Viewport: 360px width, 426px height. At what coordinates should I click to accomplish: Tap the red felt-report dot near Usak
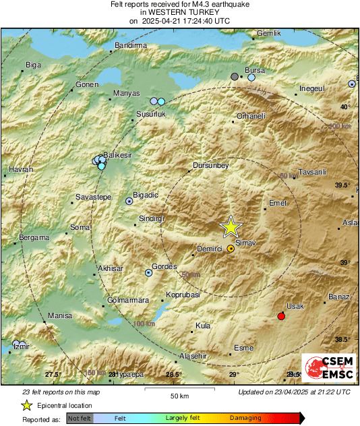click(281, 316)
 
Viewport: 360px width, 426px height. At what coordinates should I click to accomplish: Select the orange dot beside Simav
click(231, 249)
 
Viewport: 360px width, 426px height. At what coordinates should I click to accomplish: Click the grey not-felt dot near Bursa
click(235, 78)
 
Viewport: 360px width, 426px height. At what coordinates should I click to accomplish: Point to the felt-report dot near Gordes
click(149, 273)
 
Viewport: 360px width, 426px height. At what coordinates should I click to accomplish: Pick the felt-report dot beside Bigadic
click(129, 201)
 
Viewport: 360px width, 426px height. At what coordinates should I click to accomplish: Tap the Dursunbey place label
click(211, 165)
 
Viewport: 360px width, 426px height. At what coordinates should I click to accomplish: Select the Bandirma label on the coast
click(131, 45)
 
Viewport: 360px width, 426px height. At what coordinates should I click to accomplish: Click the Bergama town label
click(34, 237)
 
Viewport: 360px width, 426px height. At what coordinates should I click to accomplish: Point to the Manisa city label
click(60, 315)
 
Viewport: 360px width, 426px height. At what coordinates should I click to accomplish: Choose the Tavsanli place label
click(311, 171)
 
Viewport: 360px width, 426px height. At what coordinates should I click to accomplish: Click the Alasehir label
click(196, 355)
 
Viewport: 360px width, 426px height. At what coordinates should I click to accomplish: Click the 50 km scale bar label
click(179, 395)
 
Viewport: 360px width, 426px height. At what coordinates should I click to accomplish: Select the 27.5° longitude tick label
click(53, 374)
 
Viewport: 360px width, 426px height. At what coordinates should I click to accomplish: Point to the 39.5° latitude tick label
click(343, 185)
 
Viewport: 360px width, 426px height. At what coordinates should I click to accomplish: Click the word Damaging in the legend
click(245, 418)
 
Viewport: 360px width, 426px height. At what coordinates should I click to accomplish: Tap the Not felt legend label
click(80, 418)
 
